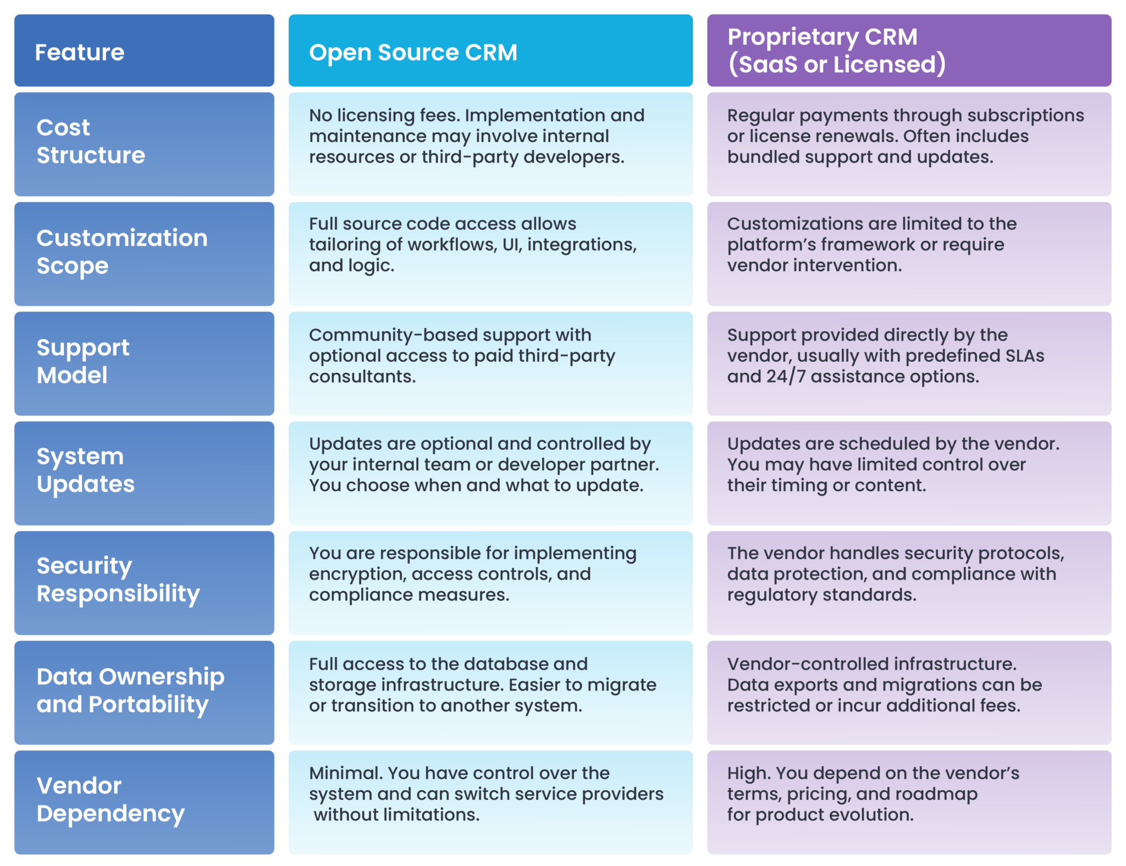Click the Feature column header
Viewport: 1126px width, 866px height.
click(x=80, y=52)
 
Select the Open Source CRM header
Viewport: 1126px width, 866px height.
click(x=413, y=52)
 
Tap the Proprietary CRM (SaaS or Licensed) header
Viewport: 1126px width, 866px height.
click(x=836, y=51)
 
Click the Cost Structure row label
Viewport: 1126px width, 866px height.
click(x=91, y=142)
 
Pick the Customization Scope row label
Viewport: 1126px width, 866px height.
click(x=122, y=252)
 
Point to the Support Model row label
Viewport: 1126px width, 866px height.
click(x=83, y=362)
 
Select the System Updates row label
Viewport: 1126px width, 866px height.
click(x=85, y=471)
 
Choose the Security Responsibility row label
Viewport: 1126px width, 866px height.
click(x=118, y=580)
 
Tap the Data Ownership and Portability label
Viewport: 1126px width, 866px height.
click(x=130, y=691)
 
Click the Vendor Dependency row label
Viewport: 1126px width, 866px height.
click(x=110, y=800)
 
